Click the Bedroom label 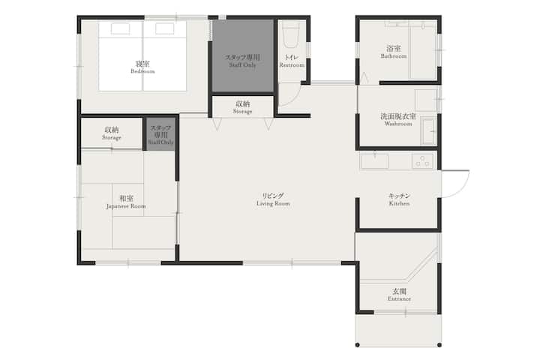tap(142, 67)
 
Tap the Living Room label tap(273, 199)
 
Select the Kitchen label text tap(399, 199)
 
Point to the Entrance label tap(399, 295)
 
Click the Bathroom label tap(394, 52)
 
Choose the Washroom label tap(398, 119)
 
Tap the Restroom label tap(292, 61)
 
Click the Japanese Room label tap(126, 202)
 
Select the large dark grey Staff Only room tap(243, 56)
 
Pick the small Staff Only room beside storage tap(160, 134)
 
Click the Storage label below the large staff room tap(242, 107)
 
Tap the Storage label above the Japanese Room tap(112, 133)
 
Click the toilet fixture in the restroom tap(291, 35)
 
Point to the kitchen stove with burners tap(422, 161)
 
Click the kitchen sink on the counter tap(374, 161)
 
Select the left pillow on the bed tap(121, 28)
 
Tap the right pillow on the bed tap(164, 28)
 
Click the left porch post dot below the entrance tap(358, 345)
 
